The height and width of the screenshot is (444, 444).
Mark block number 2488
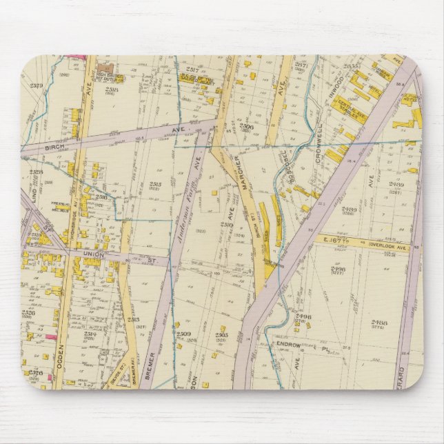[379, 323]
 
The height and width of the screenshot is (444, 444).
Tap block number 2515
[155, 185]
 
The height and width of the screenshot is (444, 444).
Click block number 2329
[36, 86]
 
